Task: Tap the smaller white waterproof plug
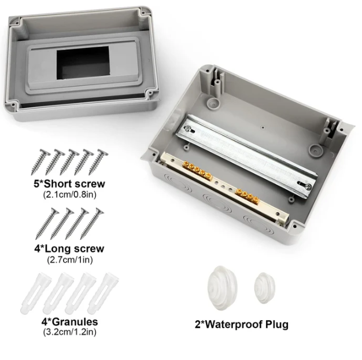tap(265, 288)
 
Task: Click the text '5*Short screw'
tap(69, 184)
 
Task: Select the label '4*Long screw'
tap(69, 249)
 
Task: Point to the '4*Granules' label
tap(69, 321)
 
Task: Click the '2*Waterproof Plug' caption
tap(242, 324)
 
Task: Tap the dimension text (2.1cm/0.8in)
tap(69, 194)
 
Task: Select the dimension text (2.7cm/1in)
tap(70, 260)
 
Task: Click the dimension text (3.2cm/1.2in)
tap(69, 332)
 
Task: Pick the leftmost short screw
tap(40, 161)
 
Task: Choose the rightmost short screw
tap(98, 161)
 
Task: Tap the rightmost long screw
tap(92, 223)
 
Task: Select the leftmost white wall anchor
tap(36, 293)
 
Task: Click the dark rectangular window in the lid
tap(83, 63)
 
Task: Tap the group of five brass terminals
tap(197, 170)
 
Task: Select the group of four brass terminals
tap(248, 196)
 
